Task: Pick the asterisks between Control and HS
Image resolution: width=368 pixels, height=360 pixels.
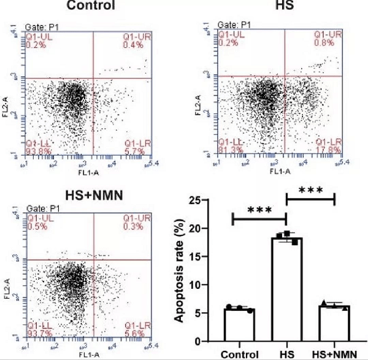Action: pos(259,210)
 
